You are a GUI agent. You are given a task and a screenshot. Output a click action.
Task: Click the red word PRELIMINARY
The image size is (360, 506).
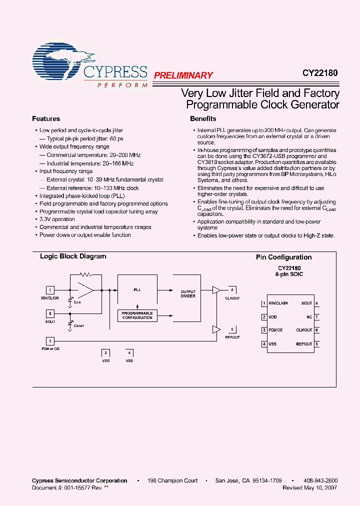(183, 75)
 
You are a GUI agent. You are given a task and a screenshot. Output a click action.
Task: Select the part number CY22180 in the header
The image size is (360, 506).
(319, 72)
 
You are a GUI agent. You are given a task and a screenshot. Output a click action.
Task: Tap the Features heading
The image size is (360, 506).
(46, 119)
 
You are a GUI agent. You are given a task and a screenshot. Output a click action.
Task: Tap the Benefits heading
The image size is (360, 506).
(203, 119)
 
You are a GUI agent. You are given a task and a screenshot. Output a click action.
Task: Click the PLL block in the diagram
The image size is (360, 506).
(137, 289)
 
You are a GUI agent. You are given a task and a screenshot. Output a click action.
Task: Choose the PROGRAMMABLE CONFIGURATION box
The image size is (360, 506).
(137, 315)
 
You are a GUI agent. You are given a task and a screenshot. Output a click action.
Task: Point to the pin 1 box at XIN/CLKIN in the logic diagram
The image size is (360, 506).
(50, 289)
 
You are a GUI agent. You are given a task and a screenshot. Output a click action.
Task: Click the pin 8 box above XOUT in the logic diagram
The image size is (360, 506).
(50, 313)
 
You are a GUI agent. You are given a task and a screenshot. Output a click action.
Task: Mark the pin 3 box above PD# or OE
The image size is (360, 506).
(50, 341)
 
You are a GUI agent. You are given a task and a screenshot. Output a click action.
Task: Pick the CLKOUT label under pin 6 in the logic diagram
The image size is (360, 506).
(232, 298)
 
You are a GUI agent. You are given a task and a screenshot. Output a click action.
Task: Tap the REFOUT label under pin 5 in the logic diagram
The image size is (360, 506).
(232, 337)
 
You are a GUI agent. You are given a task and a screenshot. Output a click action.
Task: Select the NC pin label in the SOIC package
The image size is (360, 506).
(309, 317)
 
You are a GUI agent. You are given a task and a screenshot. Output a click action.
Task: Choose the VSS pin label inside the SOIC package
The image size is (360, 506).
(272, 344)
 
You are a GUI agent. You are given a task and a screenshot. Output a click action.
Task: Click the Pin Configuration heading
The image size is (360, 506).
(283, 257)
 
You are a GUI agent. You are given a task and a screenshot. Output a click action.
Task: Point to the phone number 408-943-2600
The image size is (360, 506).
(320, 481)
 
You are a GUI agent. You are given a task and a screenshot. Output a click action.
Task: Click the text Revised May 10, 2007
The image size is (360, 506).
(309, 488)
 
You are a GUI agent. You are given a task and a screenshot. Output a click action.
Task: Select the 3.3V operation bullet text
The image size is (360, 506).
(57, 219)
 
